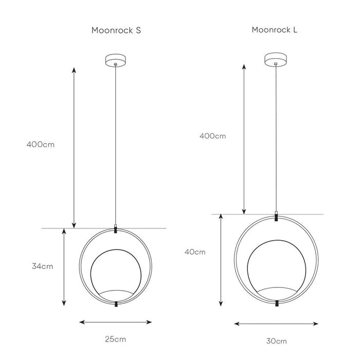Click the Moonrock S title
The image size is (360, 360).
pyautogui.click(x=116, y=30)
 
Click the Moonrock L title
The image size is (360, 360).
pyautogui.click(x=274, y=30)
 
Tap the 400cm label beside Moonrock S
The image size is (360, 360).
pyautogui.click(x=41, y=145)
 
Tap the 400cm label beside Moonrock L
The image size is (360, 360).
pyautogui.click(x=212, y=136)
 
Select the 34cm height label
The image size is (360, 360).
pyautogui.click(x=43, y=266)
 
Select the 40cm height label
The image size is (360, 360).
pyautogui.click(x=195, y=252)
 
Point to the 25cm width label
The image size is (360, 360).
pyautogui.click(x=116, y=339)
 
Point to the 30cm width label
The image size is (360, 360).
pyautogui.click(x=277, y=341)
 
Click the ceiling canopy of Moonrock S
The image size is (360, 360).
pyautogui.click(x=116, y=60)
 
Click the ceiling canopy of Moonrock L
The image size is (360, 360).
pyautogui.click(x=276, y=59)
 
